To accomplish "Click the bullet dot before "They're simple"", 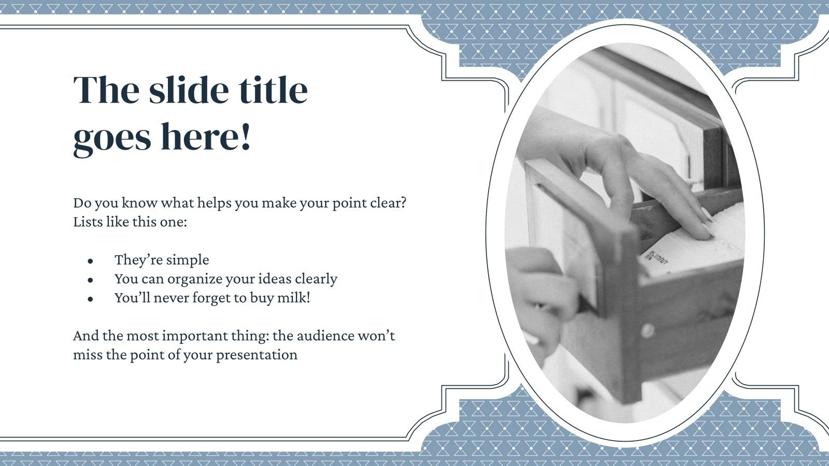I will point(91,261).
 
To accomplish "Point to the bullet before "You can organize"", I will point(91,280).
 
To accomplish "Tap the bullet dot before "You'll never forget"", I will point(91,299).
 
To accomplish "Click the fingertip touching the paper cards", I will point(703,233).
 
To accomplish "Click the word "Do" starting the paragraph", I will point(81,202).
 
